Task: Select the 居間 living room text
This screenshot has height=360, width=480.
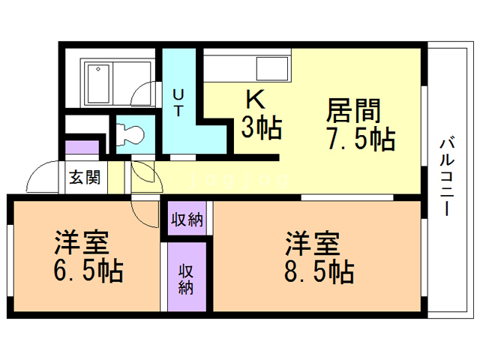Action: click(x=353, y=111)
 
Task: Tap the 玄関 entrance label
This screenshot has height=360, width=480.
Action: click(x=84, y=178)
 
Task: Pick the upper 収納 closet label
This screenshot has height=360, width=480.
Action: click(x=187, y=220)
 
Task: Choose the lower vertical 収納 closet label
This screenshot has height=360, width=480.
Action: click(x=187, y=277)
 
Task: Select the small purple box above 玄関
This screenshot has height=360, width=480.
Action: click(x=82, y=147)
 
